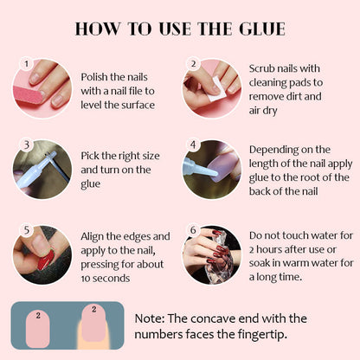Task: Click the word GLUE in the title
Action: pyautogui.click(x=262, y=29)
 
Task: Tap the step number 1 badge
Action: pyautogui.click(x=26, y=63)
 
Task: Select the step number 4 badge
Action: pyautogui.click(x=193, y=145)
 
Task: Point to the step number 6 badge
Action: pyautogui.click(x=193, y=230)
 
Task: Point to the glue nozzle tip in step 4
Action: pyautogui.click(x=215, y=174)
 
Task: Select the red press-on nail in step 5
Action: pyautogui.click(x=46, y=260)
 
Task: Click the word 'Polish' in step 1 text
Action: pyautogui.click(x=94, y=77)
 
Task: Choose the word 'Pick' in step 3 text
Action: pyautogui.click(x=89, y=156)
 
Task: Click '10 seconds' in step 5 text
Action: pyautogui.click(x=106, y=279)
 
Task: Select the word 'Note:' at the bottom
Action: pyautogui.click(x=150, y=318)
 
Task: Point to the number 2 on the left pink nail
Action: pyautogui.click(x=38, y=315)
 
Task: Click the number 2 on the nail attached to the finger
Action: pyautogui.click(x=93, y=309)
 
